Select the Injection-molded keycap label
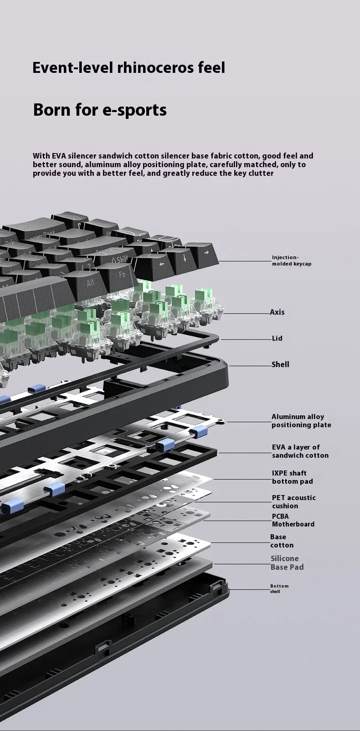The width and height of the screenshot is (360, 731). pos(292,261)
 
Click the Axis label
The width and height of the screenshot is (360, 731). pos(277,312)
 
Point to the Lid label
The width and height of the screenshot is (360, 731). pos(277,338)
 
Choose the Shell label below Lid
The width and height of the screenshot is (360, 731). pos(280,364)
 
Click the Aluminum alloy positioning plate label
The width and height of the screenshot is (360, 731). pos(301,421)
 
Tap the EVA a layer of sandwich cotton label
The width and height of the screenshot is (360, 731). pos(300,451)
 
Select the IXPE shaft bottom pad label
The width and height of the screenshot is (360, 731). pos(292,477)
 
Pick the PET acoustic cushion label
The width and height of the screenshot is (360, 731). pos(293,502)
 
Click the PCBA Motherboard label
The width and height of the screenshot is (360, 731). pos(293,520)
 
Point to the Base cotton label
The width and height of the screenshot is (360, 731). pos(282,541)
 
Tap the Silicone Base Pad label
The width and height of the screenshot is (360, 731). pos(287,563)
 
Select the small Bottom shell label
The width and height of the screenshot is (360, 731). pos(279,588)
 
